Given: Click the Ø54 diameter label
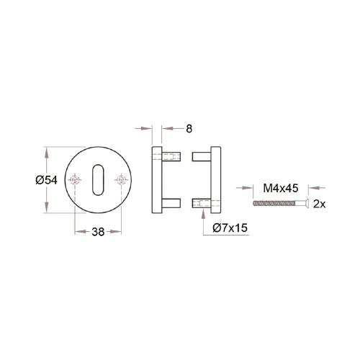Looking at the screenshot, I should (x=45, y=181).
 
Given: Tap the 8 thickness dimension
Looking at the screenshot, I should (x=189, y=129).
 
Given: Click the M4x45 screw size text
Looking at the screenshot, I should (x=281, y=188).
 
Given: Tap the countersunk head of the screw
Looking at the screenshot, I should (x=306, y=204).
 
